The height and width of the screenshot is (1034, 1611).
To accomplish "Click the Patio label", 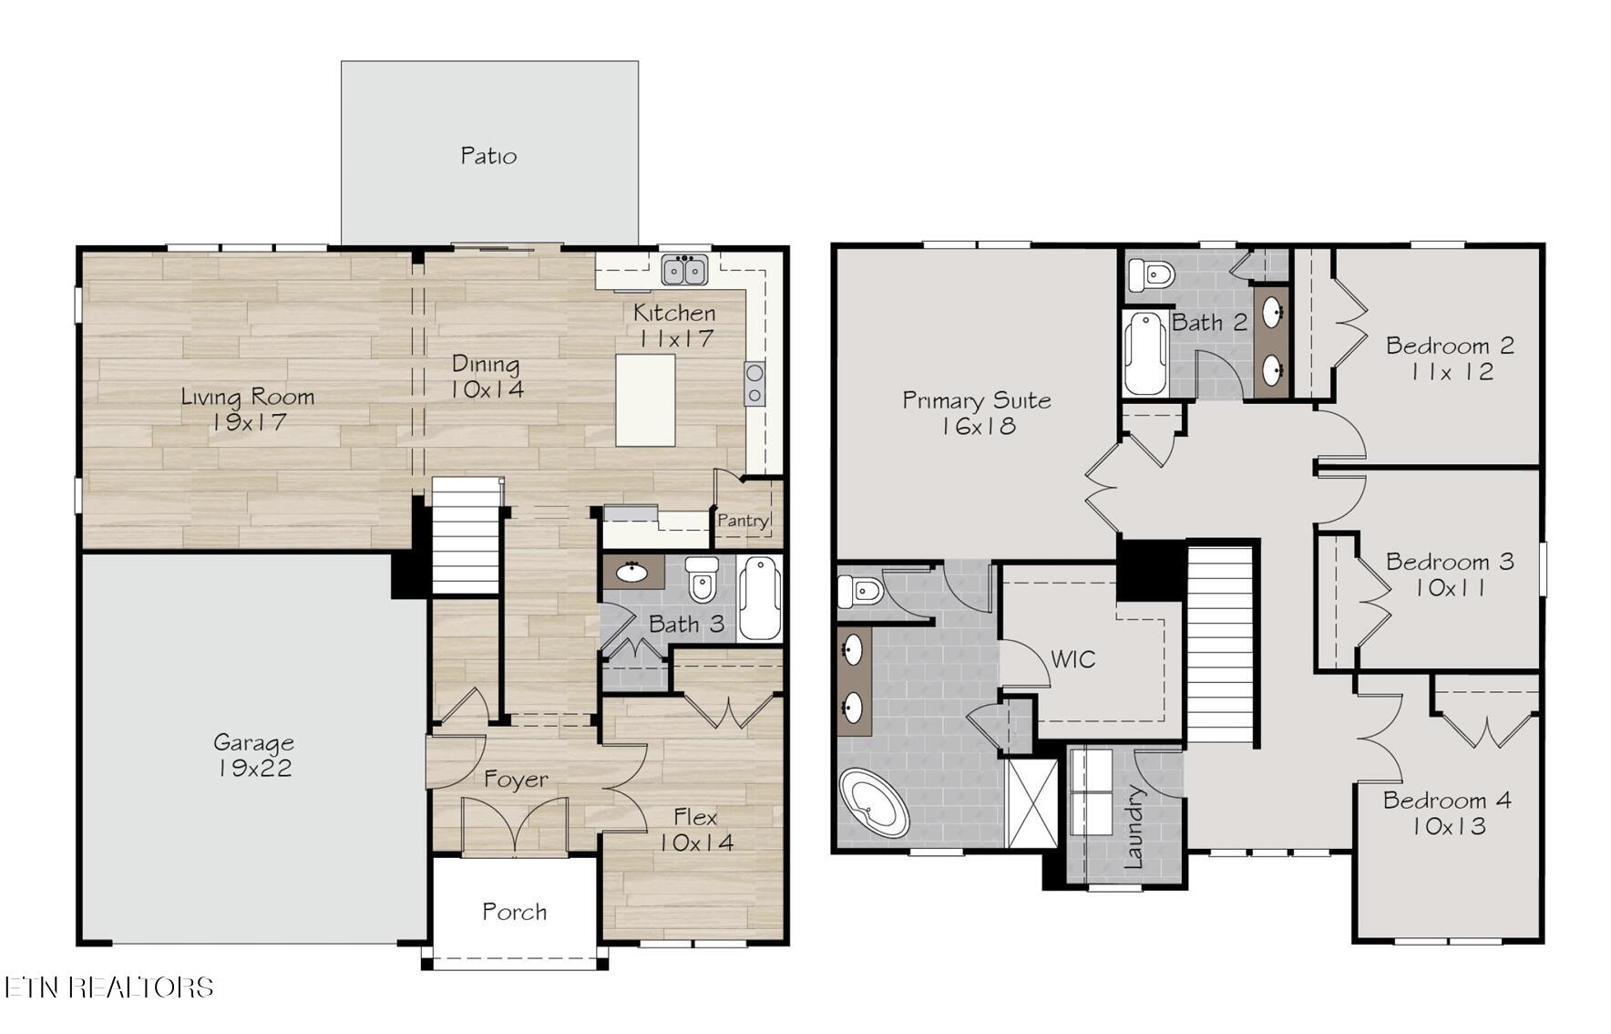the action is [488, 156].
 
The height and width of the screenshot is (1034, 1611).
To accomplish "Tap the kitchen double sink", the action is [685, 270].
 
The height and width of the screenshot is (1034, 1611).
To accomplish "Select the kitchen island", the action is [645, 400].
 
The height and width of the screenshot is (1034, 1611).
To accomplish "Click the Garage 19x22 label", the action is [253, 755].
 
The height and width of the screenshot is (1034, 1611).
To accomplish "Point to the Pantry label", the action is [743, 521].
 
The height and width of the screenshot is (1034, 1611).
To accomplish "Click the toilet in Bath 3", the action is [702, 578].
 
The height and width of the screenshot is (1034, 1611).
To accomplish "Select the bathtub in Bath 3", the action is [759, 598].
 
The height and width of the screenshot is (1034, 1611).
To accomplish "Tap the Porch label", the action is [515, 912].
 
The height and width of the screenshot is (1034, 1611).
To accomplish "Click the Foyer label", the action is [516, 780].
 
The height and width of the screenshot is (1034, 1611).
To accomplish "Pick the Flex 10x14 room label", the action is [696, 830].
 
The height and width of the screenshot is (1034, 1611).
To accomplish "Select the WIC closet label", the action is [1073, 659].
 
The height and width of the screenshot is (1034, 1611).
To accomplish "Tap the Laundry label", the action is [1134, 826].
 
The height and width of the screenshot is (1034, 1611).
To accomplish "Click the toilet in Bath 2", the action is [1150, 274].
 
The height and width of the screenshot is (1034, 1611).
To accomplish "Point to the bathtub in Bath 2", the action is [1145, 353].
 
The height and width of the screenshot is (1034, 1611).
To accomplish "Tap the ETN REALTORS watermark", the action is [108, 987].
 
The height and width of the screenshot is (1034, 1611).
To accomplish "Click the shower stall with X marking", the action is [1031, 803].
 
